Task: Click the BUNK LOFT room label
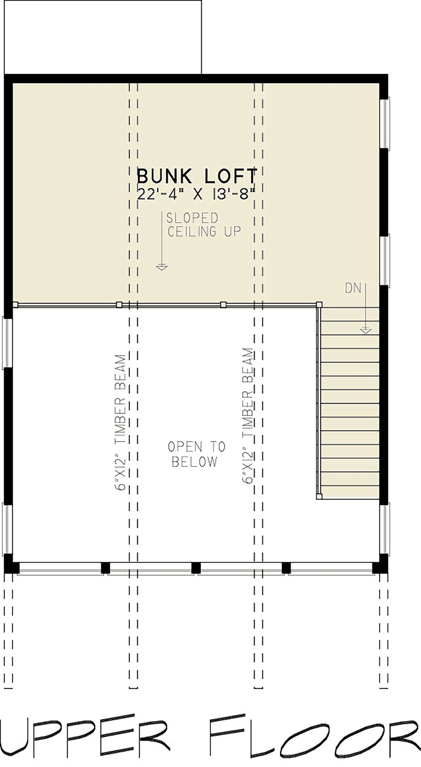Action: click(x=197, y=176)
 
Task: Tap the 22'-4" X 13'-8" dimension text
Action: click(x=195, y=194)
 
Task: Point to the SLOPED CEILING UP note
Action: click(x=203, y=225)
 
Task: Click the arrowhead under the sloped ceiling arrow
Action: click(x=162, y=267)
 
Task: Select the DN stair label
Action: click(x=353, y=288)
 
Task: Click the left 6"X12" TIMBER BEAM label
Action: click(x=120, y=422)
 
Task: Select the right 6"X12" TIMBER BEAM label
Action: click(x=248, y=416)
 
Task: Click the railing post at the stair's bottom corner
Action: click(x=319, y=496)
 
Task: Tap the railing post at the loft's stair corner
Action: click(x=319, y=304)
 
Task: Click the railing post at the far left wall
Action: click(x=15, y=305)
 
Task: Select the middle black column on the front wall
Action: click(x=196, y=568)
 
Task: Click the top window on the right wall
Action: click(x=385, y=123)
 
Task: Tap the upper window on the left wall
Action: click(x=8, y=343)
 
